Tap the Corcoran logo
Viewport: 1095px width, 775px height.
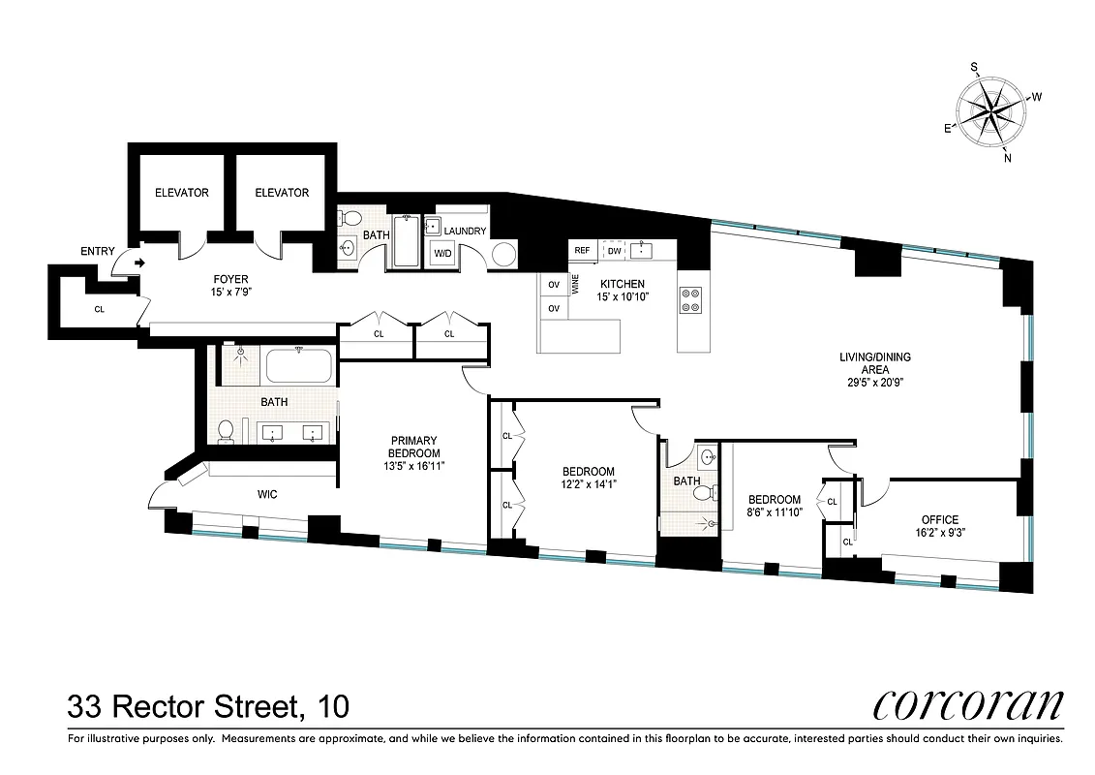[967, 704]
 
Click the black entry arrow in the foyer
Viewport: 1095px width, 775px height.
[140, 262]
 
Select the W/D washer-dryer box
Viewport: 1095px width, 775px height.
[442, 254]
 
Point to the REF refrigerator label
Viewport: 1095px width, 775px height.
[582, 251]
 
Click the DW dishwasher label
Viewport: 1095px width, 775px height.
[614, 251]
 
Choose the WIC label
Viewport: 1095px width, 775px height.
[268, 495]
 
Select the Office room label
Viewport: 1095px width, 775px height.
[939, 519]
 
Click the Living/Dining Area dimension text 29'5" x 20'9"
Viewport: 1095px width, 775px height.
[874, 383]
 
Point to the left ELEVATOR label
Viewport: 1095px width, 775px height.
[181, 193]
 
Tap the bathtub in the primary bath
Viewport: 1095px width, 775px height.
[299, 366]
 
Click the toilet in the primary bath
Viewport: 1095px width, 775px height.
[226, 429]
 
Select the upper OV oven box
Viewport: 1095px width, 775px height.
[555, 285]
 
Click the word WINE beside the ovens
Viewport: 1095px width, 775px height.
[574, 284]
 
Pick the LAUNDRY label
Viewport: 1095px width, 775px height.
[466, 232]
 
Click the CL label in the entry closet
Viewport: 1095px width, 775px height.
[100, 311]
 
